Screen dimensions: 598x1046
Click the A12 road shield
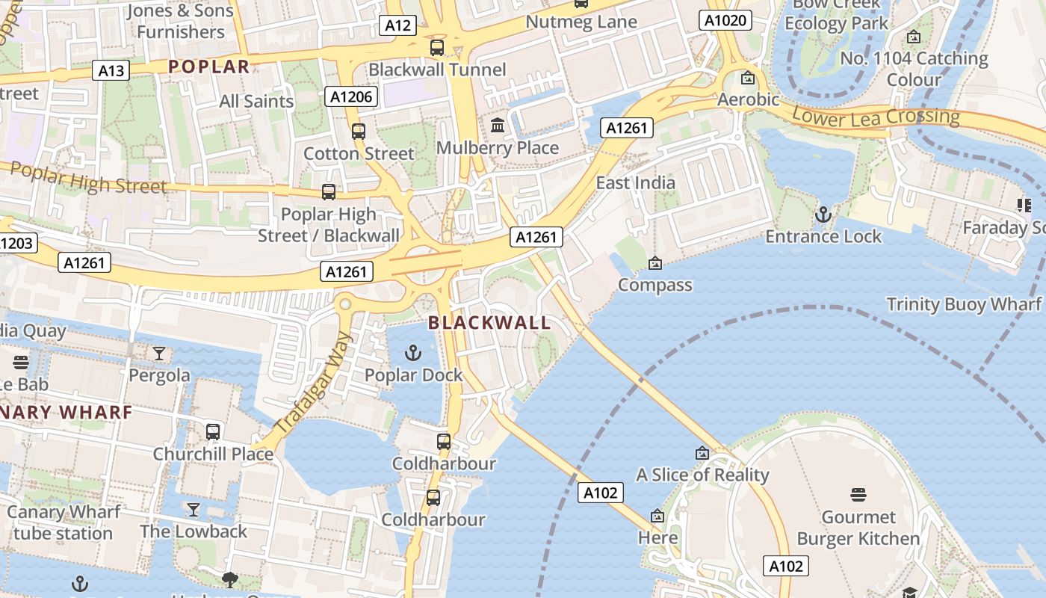tap(398, 26)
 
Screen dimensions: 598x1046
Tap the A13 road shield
tap(111, 71)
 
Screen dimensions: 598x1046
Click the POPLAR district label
tap(208, 67)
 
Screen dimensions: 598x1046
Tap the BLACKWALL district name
tap(489, 323)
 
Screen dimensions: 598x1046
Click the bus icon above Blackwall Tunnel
tap(437, 48)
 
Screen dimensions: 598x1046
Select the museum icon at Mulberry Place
tap(498, 126)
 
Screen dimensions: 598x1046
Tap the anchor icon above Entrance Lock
tap(823, 215)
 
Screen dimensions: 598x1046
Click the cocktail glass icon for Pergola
tap(159, 353)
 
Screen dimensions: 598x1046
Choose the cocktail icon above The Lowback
tap(194, 510)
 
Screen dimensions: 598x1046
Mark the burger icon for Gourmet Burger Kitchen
tap(858, 495)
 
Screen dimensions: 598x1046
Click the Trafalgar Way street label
tap(312, 383)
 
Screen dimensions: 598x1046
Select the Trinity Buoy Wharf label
tap(963, 304)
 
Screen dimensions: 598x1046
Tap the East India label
tap(635, 183)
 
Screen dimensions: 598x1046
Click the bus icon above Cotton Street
tap(359, 132)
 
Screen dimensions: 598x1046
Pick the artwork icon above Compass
tap(655, 263)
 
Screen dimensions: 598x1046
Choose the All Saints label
tap(256, 101)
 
